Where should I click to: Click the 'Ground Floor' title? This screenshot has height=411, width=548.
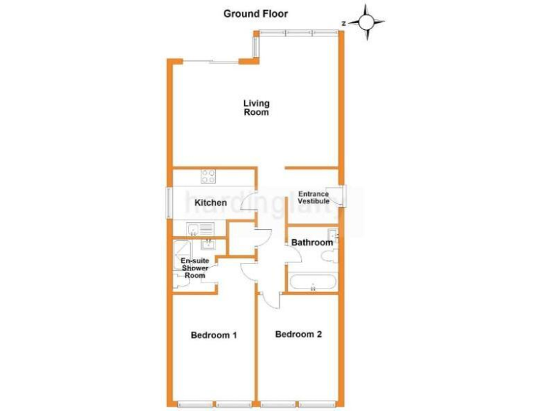pos(255,13)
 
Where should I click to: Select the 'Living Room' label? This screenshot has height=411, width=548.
pos(256,108)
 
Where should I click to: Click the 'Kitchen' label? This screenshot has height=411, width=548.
pos(210,203)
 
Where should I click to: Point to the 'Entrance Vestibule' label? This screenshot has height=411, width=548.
pos(313,198)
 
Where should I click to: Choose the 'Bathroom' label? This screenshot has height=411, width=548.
pos(312,243)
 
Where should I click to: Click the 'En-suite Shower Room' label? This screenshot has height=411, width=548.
pos(194,268)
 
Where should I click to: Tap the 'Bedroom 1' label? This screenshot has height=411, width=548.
pos(213,335)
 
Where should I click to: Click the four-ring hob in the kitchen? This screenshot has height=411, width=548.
pos(208,176)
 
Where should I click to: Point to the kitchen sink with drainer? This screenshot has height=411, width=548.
pos(200,228)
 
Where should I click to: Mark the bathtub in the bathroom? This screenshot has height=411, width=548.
pos(313,282)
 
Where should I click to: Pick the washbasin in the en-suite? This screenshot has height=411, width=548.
pos(208,247)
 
